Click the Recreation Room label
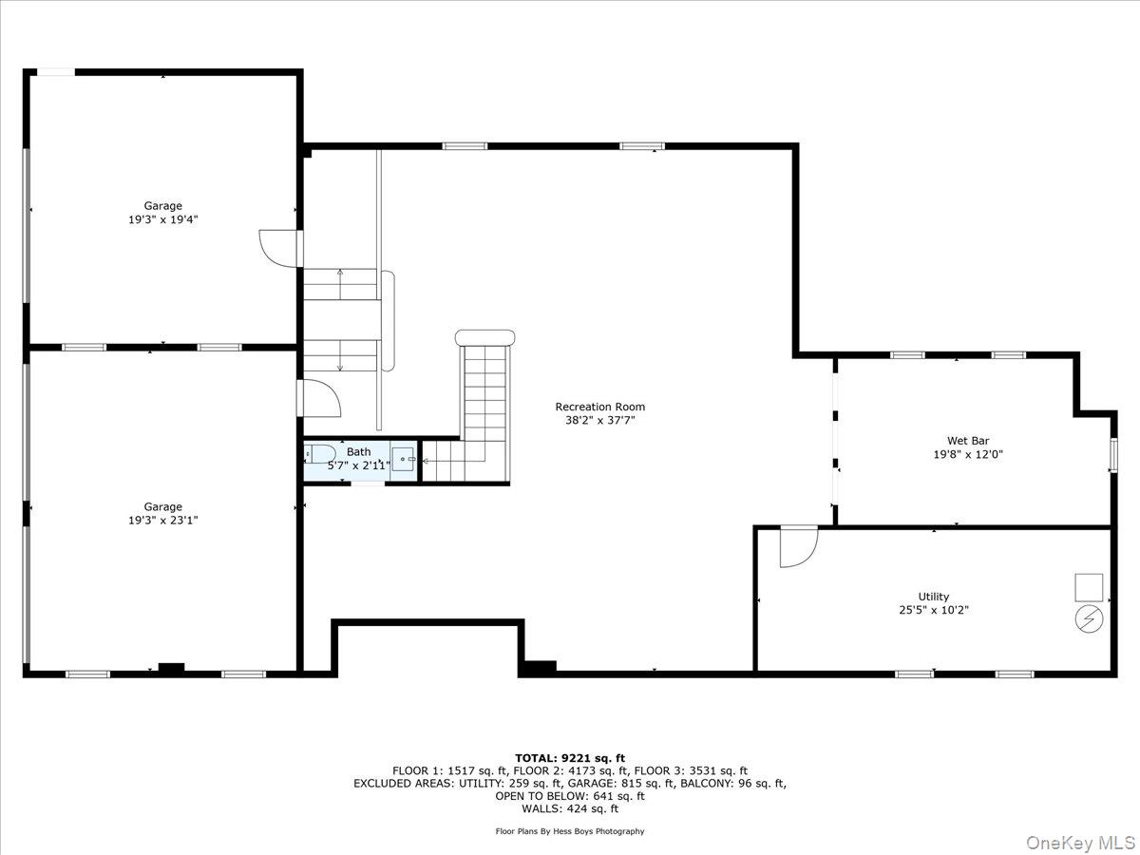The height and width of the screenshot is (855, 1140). pyautogui.click(x=599, y=407)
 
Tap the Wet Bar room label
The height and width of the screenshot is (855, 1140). pyautogui.click(x=968, y=441)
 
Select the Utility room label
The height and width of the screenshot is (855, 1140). pyautogui.click(x=933, y=597)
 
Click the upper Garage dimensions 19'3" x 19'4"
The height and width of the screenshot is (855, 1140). pyautogui.click(x=162, y=219)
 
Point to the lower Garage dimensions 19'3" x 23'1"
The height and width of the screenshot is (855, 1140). pyautogui.click(x=162, y=521)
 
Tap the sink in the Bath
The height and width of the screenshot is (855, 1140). pyautogui.click(x=404, y=459)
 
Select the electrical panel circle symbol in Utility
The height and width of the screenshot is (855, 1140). pyautogui.click(x=1090, y=619)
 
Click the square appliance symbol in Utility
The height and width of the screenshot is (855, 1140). pyautogui.click(x=1089, y=587)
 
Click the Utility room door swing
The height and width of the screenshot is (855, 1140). pyautogui.click(x=796, y=546)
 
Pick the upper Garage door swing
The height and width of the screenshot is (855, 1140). pyautogui.click(x=278, y=247)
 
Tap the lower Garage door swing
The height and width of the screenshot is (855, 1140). pyautogui.click(x=318, y=397)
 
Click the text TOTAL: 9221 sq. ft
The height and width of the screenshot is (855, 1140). pyautogui.click(x=570, y=758)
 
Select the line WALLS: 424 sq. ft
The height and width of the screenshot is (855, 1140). pyautogui.click(x=570, y=809)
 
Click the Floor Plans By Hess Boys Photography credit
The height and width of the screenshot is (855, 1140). pyautogui.click(x=570, y=831)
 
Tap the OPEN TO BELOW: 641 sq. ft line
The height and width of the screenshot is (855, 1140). pyautogui.click(x=570, y=796)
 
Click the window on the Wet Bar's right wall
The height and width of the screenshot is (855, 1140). pyautogui.click(x=1113, y=454)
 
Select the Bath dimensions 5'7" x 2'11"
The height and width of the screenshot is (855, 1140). pyautogui.click(x=358, y=465)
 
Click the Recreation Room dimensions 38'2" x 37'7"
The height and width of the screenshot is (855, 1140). pyautogui.click(x=599, y=420)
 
